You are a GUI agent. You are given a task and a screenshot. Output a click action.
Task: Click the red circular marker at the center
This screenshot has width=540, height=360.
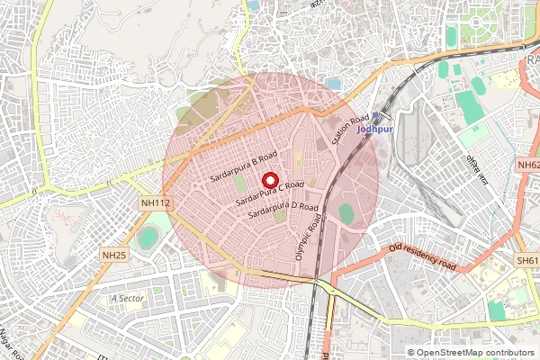tap(267, 179)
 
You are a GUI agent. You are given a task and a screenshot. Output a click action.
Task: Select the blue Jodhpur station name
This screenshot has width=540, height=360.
tap(376, 129)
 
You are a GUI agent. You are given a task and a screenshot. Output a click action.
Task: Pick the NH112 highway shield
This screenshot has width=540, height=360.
tap(155, 204)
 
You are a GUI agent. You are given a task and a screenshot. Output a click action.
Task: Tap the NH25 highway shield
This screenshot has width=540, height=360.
tap(114, 256)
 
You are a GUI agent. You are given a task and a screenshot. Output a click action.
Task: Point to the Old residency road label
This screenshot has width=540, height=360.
tap(422, 256)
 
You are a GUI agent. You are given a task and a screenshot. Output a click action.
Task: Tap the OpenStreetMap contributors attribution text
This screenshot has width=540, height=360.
tap(470, 353)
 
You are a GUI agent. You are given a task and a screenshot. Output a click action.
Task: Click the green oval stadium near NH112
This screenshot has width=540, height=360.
tap(148, 239)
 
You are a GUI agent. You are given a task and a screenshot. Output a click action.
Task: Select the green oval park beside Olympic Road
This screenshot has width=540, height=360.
tap(346, 214)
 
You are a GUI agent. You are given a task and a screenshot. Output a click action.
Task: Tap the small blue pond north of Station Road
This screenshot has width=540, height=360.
tap(335, 84)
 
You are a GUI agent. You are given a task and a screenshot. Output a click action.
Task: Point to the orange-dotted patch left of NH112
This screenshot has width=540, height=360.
tap(63, 219)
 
